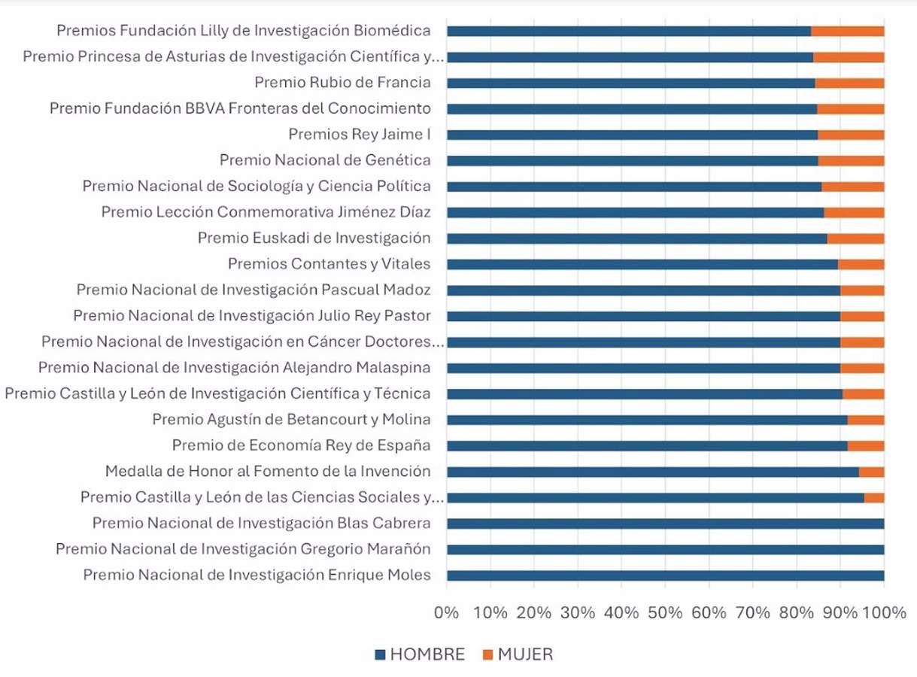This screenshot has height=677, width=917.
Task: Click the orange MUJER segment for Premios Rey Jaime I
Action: pyautogui.click(x=851, y=135)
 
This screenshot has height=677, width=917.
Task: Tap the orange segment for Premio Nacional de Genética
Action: pyautogui.click(x=851, y=160)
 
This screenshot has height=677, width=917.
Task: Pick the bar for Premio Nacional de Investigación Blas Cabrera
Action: pyautogui.click(x=665, y=524)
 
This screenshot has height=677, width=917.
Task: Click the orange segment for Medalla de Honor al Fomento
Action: pyautogui.click(x=871, y=472)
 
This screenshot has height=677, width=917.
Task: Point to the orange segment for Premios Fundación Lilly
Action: pyautogui.click(x=847, y=31)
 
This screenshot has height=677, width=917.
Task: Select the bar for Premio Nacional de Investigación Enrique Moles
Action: pyautogui.click(x=665, y=575)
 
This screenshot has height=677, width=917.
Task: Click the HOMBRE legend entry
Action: pyautogui.click(x=420, y=654)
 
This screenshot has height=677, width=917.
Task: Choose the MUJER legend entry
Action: pyautogui.click(x=518, y=654)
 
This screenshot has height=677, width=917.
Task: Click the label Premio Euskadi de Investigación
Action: pyautogui.click(x=314, y=238)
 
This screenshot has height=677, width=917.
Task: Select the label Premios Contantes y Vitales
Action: pyautogui.click(x=329, y=264)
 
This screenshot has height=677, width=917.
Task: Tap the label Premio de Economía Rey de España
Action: pyautogui.click(x=301, y=445)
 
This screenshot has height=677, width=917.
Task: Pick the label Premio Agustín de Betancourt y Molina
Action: pyautogui.click(x=291, y=420)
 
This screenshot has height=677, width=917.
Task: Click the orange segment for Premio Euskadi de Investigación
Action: pyautogui.click(x=855, y=238)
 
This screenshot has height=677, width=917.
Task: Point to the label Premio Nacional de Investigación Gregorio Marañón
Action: pyautogui.click(x=243, y=550)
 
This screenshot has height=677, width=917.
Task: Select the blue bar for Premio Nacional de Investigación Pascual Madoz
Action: pyautogui.click(x=643, y=290)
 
